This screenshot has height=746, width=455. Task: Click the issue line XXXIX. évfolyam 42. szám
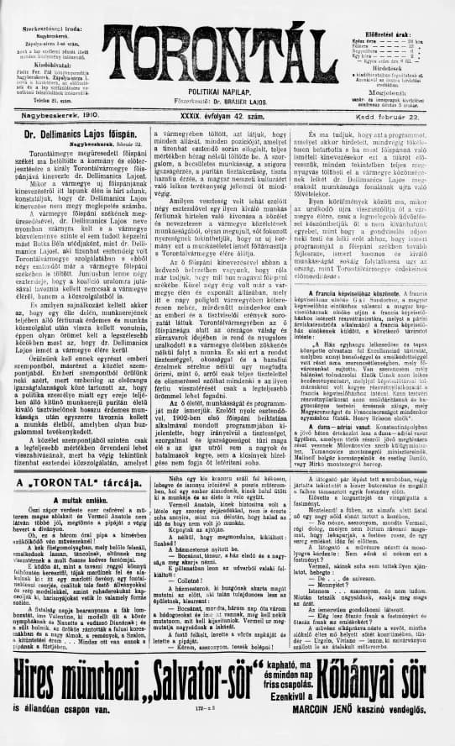227,109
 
